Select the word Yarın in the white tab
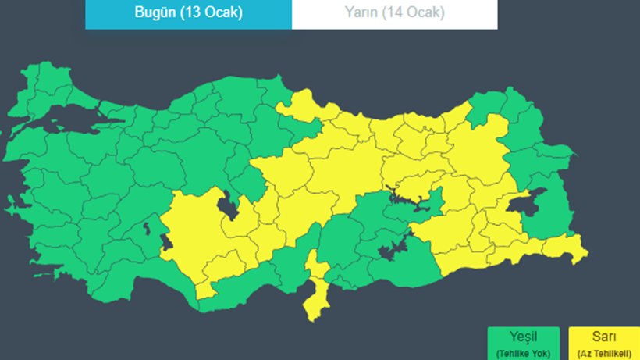(x=361, y=13)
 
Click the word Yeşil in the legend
(x=523, y=337)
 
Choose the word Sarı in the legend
(x=604, y=337)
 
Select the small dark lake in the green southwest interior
(x=145, y=229)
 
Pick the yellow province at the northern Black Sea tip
(x=301, y=105)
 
